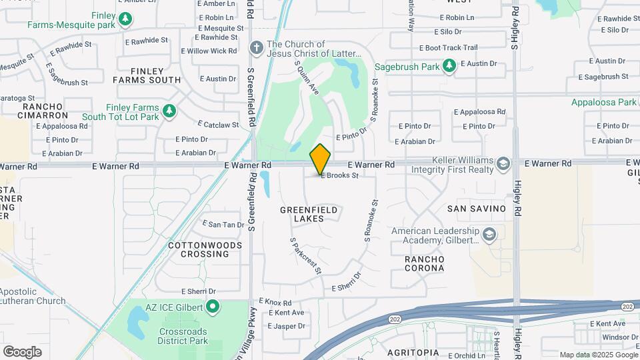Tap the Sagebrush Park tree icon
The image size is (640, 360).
coord(450,65)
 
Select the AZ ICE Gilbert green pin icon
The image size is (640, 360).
coord(213,307)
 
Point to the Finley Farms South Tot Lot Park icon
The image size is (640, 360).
coord(169,111)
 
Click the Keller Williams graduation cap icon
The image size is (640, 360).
coord(503,163)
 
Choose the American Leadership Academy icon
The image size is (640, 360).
coord(489,234)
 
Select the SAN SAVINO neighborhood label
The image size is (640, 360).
coord(476,209)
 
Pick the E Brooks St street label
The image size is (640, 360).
coord(340,176)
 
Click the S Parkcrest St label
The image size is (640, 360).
coord(306,256)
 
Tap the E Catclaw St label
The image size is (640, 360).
coord(219,124)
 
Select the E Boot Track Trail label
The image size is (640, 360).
coord(448,48)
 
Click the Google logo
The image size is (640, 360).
coord(22,351)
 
